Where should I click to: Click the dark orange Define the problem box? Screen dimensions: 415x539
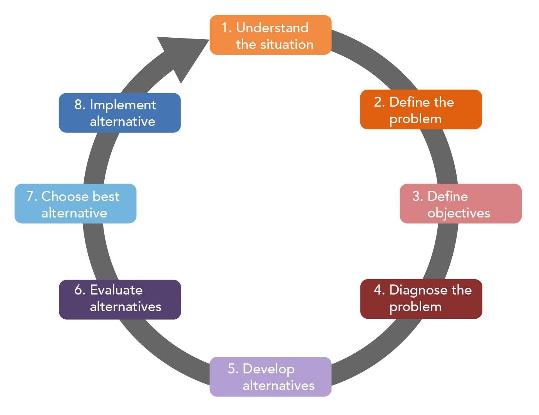(x=421, y=110)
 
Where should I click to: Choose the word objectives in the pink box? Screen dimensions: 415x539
(x=459, y=213)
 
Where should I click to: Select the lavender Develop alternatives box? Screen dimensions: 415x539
(x=270, y=377)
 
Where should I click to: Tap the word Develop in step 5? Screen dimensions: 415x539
(x=268, y=369)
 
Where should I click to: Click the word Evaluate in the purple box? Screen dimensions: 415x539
(x=116, y=290)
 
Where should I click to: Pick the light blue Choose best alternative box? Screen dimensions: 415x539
(x=75, y=204)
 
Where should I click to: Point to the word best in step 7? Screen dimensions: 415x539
(x=106, y=196)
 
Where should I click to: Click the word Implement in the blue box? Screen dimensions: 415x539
(x=123, y=105)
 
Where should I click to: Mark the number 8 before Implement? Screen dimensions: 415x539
(x=79, y=105)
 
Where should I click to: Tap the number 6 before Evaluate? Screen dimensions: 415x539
(x=79, y=290)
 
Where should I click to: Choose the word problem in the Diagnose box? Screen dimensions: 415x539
(x=415, y=307)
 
